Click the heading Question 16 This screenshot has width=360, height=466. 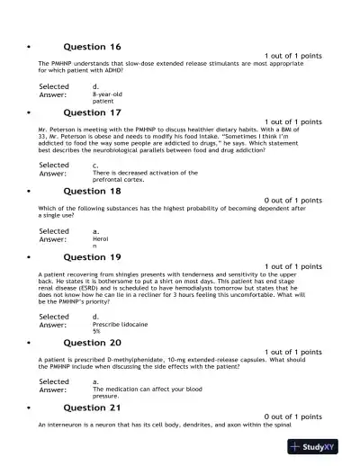click(x=92, y=46)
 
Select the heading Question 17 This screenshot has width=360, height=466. click(x=92, y=112)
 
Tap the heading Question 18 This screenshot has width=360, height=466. click(x=92, y=191)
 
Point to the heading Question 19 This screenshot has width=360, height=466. click(x=92, y=256)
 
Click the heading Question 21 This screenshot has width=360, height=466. click(x=92, y=408)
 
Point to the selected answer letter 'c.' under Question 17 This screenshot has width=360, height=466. click(x=96, y=165)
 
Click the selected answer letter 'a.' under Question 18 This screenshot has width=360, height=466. click(x=96, y=231)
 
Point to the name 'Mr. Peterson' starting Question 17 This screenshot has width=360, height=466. click(x=57, y=130)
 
